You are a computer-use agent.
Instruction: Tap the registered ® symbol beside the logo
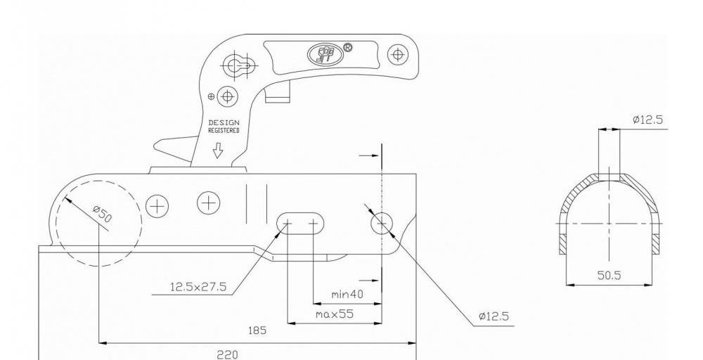tap(347, 48)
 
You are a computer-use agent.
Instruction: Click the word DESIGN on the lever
tap(224, 123)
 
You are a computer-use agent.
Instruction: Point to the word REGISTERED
tap(224, 131)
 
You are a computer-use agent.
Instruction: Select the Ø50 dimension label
tap(102, 214)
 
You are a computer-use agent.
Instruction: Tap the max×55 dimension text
tap(334, 314)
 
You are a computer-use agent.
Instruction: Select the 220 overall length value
tap(226, 355)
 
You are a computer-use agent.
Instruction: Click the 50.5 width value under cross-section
tap(609, 276)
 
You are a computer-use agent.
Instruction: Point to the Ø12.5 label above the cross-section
tap(647, 120)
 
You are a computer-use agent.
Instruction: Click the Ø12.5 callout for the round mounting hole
tap(494, 317)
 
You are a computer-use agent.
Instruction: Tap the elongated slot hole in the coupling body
tap(301, 224)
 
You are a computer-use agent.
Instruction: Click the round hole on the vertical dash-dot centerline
tap(381, 224)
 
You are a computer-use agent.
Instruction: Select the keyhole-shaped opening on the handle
tap(241, 65)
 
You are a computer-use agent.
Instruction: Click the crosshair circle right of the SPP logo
tap(398, 54)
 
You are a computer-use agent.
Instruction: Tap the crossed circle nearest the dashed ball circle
tap(157, 205)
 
